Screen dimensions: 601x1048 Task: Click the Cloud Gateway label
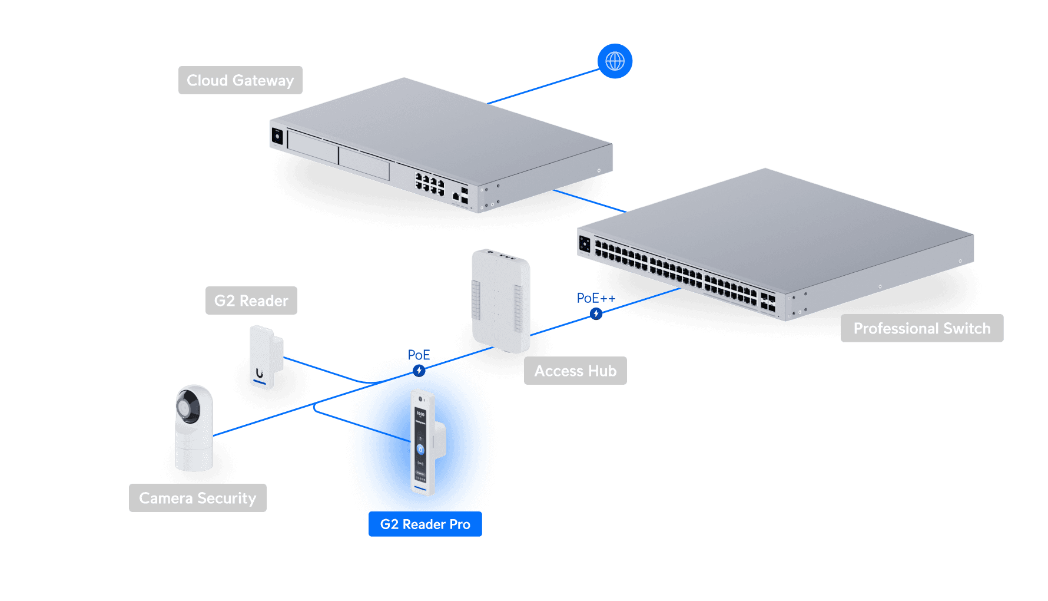click(x=240, y=80)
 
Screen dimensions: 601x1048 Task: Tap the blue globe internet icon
click(x=615, y=61)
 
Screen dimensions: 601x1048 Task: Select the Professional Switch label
click(x=921, y=328)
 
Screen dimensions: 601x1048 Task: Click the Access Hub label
click(x=575, y=371)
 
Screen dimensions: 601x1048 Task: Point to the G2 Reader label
click(x=251, y=300)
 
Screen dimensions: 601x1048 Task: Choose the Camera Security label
click(x=197, y=498)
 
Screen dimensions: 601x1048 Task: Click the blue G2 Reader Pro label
click(x=425, y=524)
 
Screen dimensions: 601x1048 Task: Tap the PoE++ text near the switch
click(x=595, y=298)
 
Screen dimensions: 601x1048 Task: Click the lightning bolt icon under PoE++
click(x=596, y=313)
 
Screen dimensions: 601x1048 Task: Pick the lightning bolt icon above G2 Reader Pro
click(x=419, y=371)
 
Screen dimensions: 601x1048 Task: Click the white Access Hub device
click(x=500, y=300)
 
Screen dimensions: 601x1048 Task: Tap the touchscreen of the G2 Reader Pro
click(x=420, y=442)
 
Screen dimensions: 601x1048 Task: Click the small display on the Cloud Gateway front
click(x=277, y=137)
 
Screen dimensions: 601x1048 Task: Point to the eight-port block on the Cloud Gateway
click(x=430, y=184)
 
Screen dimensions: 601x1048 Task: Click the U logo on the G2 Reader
click(x=260, y=373)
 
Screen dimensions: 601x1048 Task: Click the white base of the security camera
click(x=194, y=454)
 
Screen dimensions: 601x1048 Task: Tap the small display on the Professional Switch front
click(x=585, y=243)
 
